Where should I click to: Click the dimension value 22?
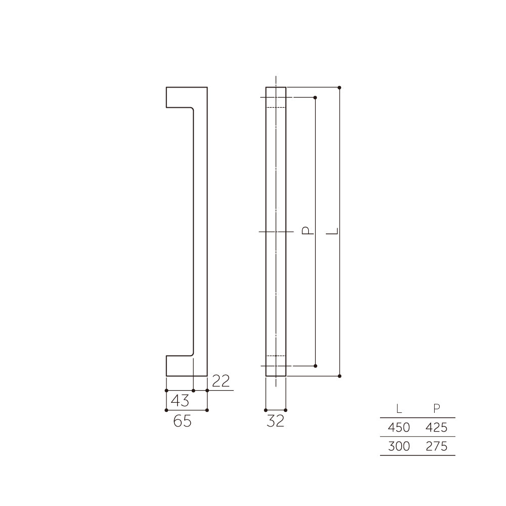click(220, 381)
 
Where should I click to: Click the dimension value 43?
click(180, 400)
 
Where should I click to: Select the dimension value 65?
click(182, 420)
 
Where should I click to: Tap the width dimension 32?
click(275, 420)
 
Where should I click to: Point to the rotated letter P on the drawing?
click(307, 231)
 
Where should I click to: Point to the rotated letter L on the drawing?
click(332, 231)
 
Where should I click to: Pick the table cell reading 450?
click(399, 428)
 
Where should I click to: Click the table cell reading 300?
click(399, 446)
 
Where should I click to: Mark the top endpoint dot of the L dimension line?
click(340, 88)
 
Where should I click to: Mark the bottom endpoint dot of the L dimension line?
click(340, 376)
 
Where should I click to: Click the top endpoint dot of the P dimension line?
click(315, 97)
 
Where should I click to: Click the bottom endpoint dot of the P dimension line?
click(315, 365)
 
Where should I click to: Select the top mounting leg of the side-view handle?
click(180, 97)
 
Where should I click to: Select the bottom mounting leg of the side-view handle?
click(180, 366)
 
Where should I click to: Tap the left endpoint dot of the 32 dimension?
click(266, 410)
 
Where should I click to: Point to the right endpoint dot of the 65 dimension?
click(207, 410)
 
